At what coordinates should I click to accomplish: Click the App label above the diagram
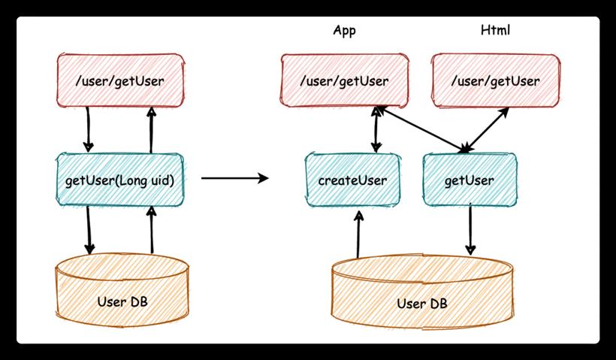pyautogui.click(x=344, y=31)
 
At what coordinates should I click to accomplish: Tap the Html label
pyautogui.click(x=495, y=30)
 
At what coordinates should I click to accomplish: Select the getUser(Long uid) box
pyautogui.click(x=120, y=180)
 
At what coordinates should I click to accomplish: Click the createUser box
pyautogui.click(x=353, y=180)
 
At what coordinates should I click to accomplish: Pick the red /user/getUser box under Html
pyautogui.click(x=495, y=80)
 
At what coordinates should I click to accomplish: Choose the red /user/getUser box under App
pyautogui.click(x=345, y=80)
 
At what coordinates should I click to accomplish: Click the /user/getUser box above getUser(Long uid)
pyautogui.click(x=120, y=80)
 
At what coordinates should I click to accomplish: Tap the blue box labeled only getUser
pyautogui.click(x=470, y=180)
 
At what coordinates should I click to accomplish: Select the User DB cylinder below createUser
pyautogui.click(x=422, y=292)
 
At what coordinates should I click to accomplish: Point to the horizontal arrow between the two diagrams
pyautogui.click(x=234, y=178)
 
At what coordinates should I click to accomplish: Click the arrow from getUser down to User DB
pyautogui.click(x=470, y=229)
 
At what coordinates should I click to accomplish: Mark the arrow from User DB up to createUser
pyautogui.click(x=358, y=234)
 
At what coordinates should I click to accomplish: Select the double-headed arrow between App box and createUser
pyautogui.click(x=376, y=129)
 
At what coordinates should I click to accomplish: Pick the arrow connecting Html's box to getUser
pyautogui.click(x=486, y=130)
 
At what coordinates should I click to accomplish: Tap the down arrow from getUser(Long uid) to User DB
pyautogui.click(x=89, y=230)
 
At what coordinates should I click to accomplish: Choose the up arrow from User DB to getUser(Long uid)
pyautogui.click(x=152, y=230)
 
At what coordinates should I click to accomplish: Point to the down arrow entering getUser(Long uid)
pyautogui.click(x=88, y=130)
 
